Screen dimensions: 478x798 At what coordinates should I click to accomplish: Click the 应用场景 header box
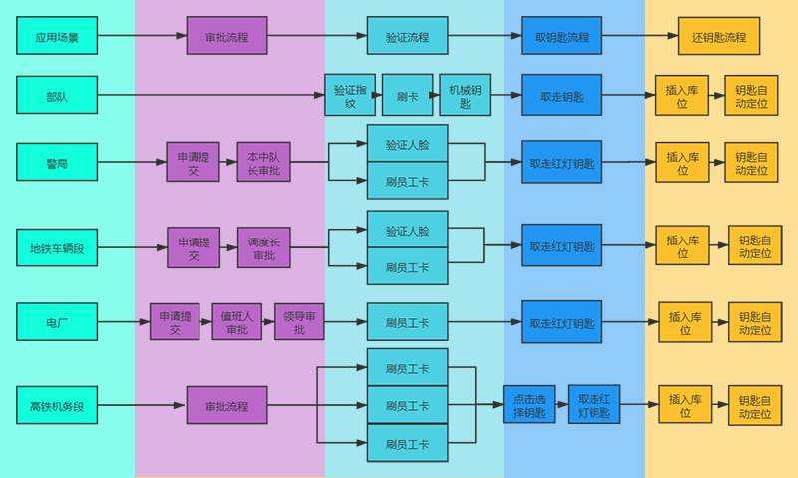(x=57, y=36)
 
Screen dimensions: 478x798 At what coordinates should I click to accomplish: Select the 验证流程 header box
(x=407, y=36)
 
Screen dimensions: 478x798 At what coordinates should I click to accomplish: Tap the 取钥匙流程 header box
(x=562, y=36)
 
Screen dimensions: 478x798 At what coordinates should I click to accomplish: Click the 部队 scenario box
(x=57, y=96)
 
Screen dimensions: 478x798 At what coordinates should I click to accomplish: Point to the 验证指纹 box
(x=350, y=96)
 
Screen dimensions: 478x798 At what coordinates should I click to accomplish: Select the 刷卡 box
(x=407, y=96)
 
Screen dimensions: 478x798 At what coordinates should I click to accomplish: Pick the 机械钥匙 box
(x=464, y=96)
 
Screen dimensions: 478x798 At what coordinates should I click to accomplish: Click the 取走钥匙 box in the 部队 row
(x=562, y=96)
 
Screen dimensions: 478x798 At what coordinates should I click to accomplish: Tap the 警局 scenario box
(x=57, y=161)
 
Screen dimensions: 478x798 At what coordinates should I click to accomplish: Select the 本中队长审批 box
(x=263, y=162)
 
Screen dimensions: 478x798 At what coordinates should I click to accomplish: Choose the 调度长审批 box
(x=263, y=247)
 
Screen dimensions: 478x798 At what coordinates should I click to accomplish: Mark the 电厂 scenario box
(x=57, y=322)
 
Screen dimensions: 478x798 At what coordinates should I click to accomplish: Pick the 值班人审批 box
(x=236, y=322)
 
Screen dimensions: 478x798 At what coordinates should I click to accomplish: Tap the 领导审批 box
(x=299, y=322)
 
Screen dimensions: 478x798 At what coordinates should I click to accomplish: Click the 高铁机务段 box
(x=57, y=405)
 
